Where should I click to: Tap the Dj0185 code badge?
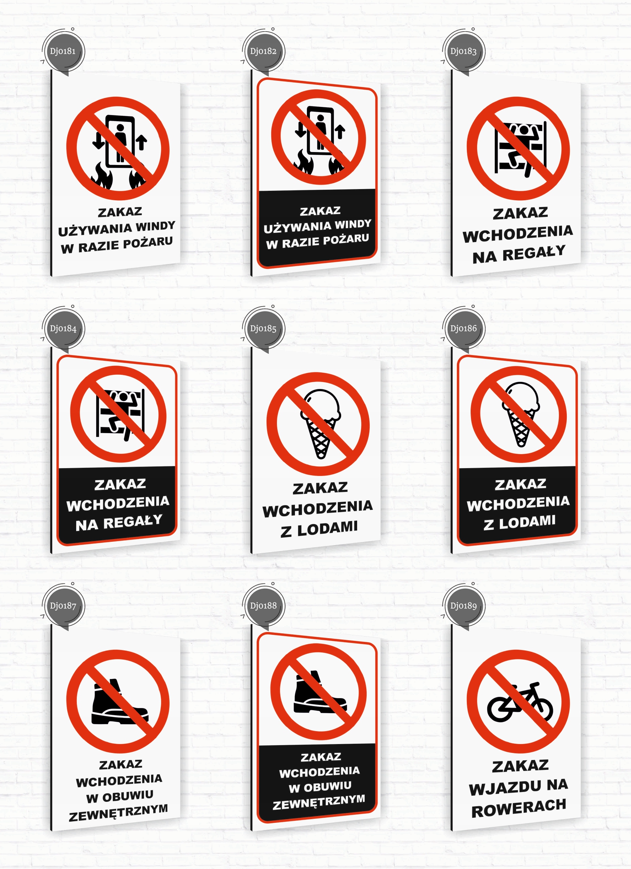point(263,329)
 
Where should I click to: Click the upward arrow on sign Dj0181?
point(142,142)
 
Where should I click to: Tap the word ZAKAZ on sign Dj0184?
point(120,485)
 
